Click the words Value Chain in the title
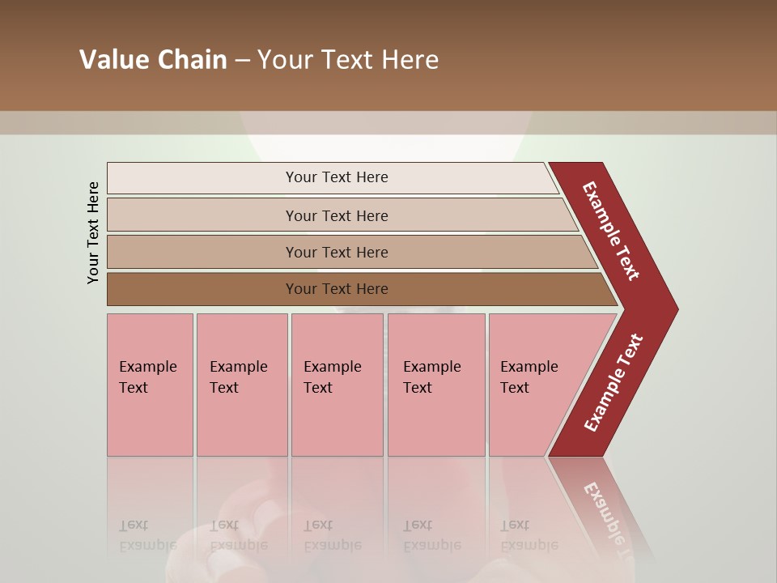(x=153, y=60)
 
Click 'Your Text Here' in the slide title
(x=348, y=60)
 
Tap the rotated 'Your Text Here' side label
(x=93, y=233)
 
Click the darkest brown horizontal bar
(x=202, y=289)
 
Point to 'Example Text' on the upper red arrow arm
(x=611, y=231)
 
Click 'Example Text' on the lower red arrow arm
(x=614, y=383)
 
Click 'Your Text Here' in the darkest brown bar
(x=337, y=289)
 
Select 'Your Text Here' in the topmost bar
(x=337, y=177)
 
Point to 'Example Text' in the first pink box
(x=147, y=377)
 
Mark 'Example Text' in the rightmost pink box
(x=529, y=377)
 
